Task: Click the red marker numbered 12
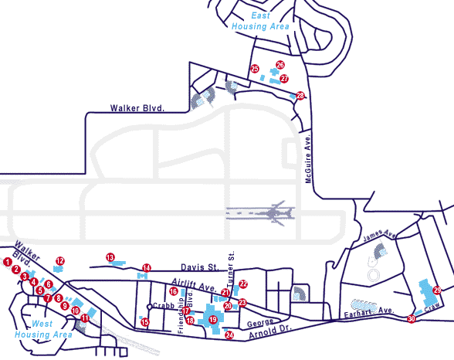60,261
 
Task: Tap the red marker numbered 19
213,320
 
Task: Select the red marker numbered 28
300,95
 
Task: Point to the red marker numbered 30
411,319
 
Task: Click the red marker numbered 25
255,69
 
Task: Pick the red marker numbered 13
110,257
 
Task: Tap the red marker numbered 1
8,262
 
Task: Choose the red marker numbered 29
437,290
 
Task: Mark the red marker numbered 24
229,335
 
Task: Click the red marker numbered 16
174,291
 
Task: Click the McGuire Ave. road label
308,158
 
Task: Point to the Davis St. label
199,267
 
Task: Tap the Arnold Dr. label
270,331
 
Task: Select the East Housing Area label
260,21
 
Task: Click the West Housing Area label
43,329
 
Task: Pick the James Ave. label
379,235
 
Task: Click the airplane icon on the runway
275,213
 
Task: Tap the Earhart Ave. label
369,311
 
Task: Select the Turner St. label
231,269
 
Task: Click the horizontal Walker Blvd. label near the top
137,108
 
